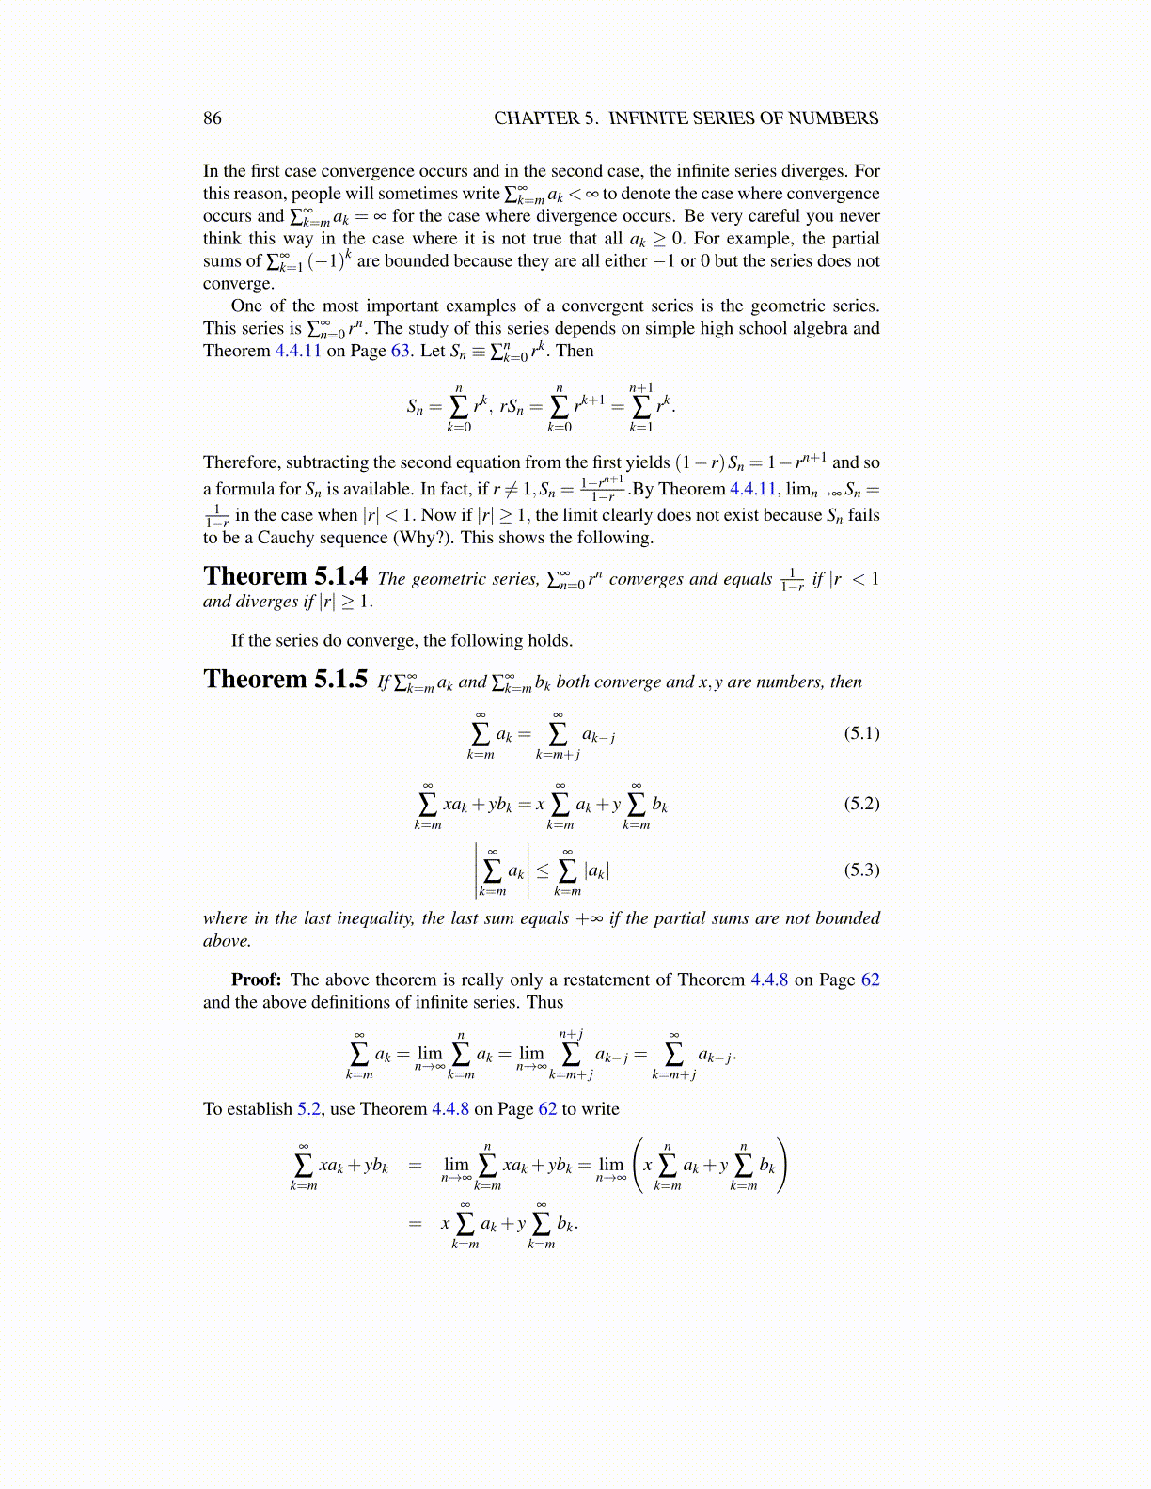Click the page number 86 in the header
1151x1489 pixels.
(x=213, y=118)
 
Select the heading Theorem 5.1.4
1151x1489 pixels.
(x=285, y=576)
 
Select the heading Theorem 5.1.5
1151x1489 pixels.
(x=285, y=680)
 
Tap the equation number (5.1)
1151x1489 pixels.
(x=861, y=733)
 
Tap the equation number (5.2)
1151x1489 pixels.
(x=861, y=804)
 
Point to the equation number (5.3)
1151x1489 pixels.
(x=861, y=870)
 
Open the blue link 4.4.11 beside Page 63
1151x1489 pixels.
(x=297, y=351)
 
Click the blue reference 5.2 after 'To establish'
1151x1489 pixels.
(x=309, y=1109)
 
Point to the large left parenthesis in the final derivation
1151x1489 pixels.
(x=639, y=1166)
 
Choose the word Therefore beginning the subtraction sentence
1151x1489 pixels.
(x=242, y=462)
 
